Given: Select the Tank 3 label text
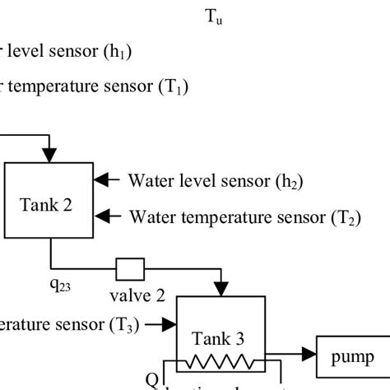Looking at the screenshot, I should coord(218,337).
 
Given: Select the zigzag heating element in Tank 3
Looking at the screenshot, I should coord(218,361).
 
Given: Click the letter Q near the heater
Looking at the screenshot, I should coord(151,379).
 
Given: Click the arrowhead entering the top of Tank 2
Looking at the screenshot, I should coord(50,154).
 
